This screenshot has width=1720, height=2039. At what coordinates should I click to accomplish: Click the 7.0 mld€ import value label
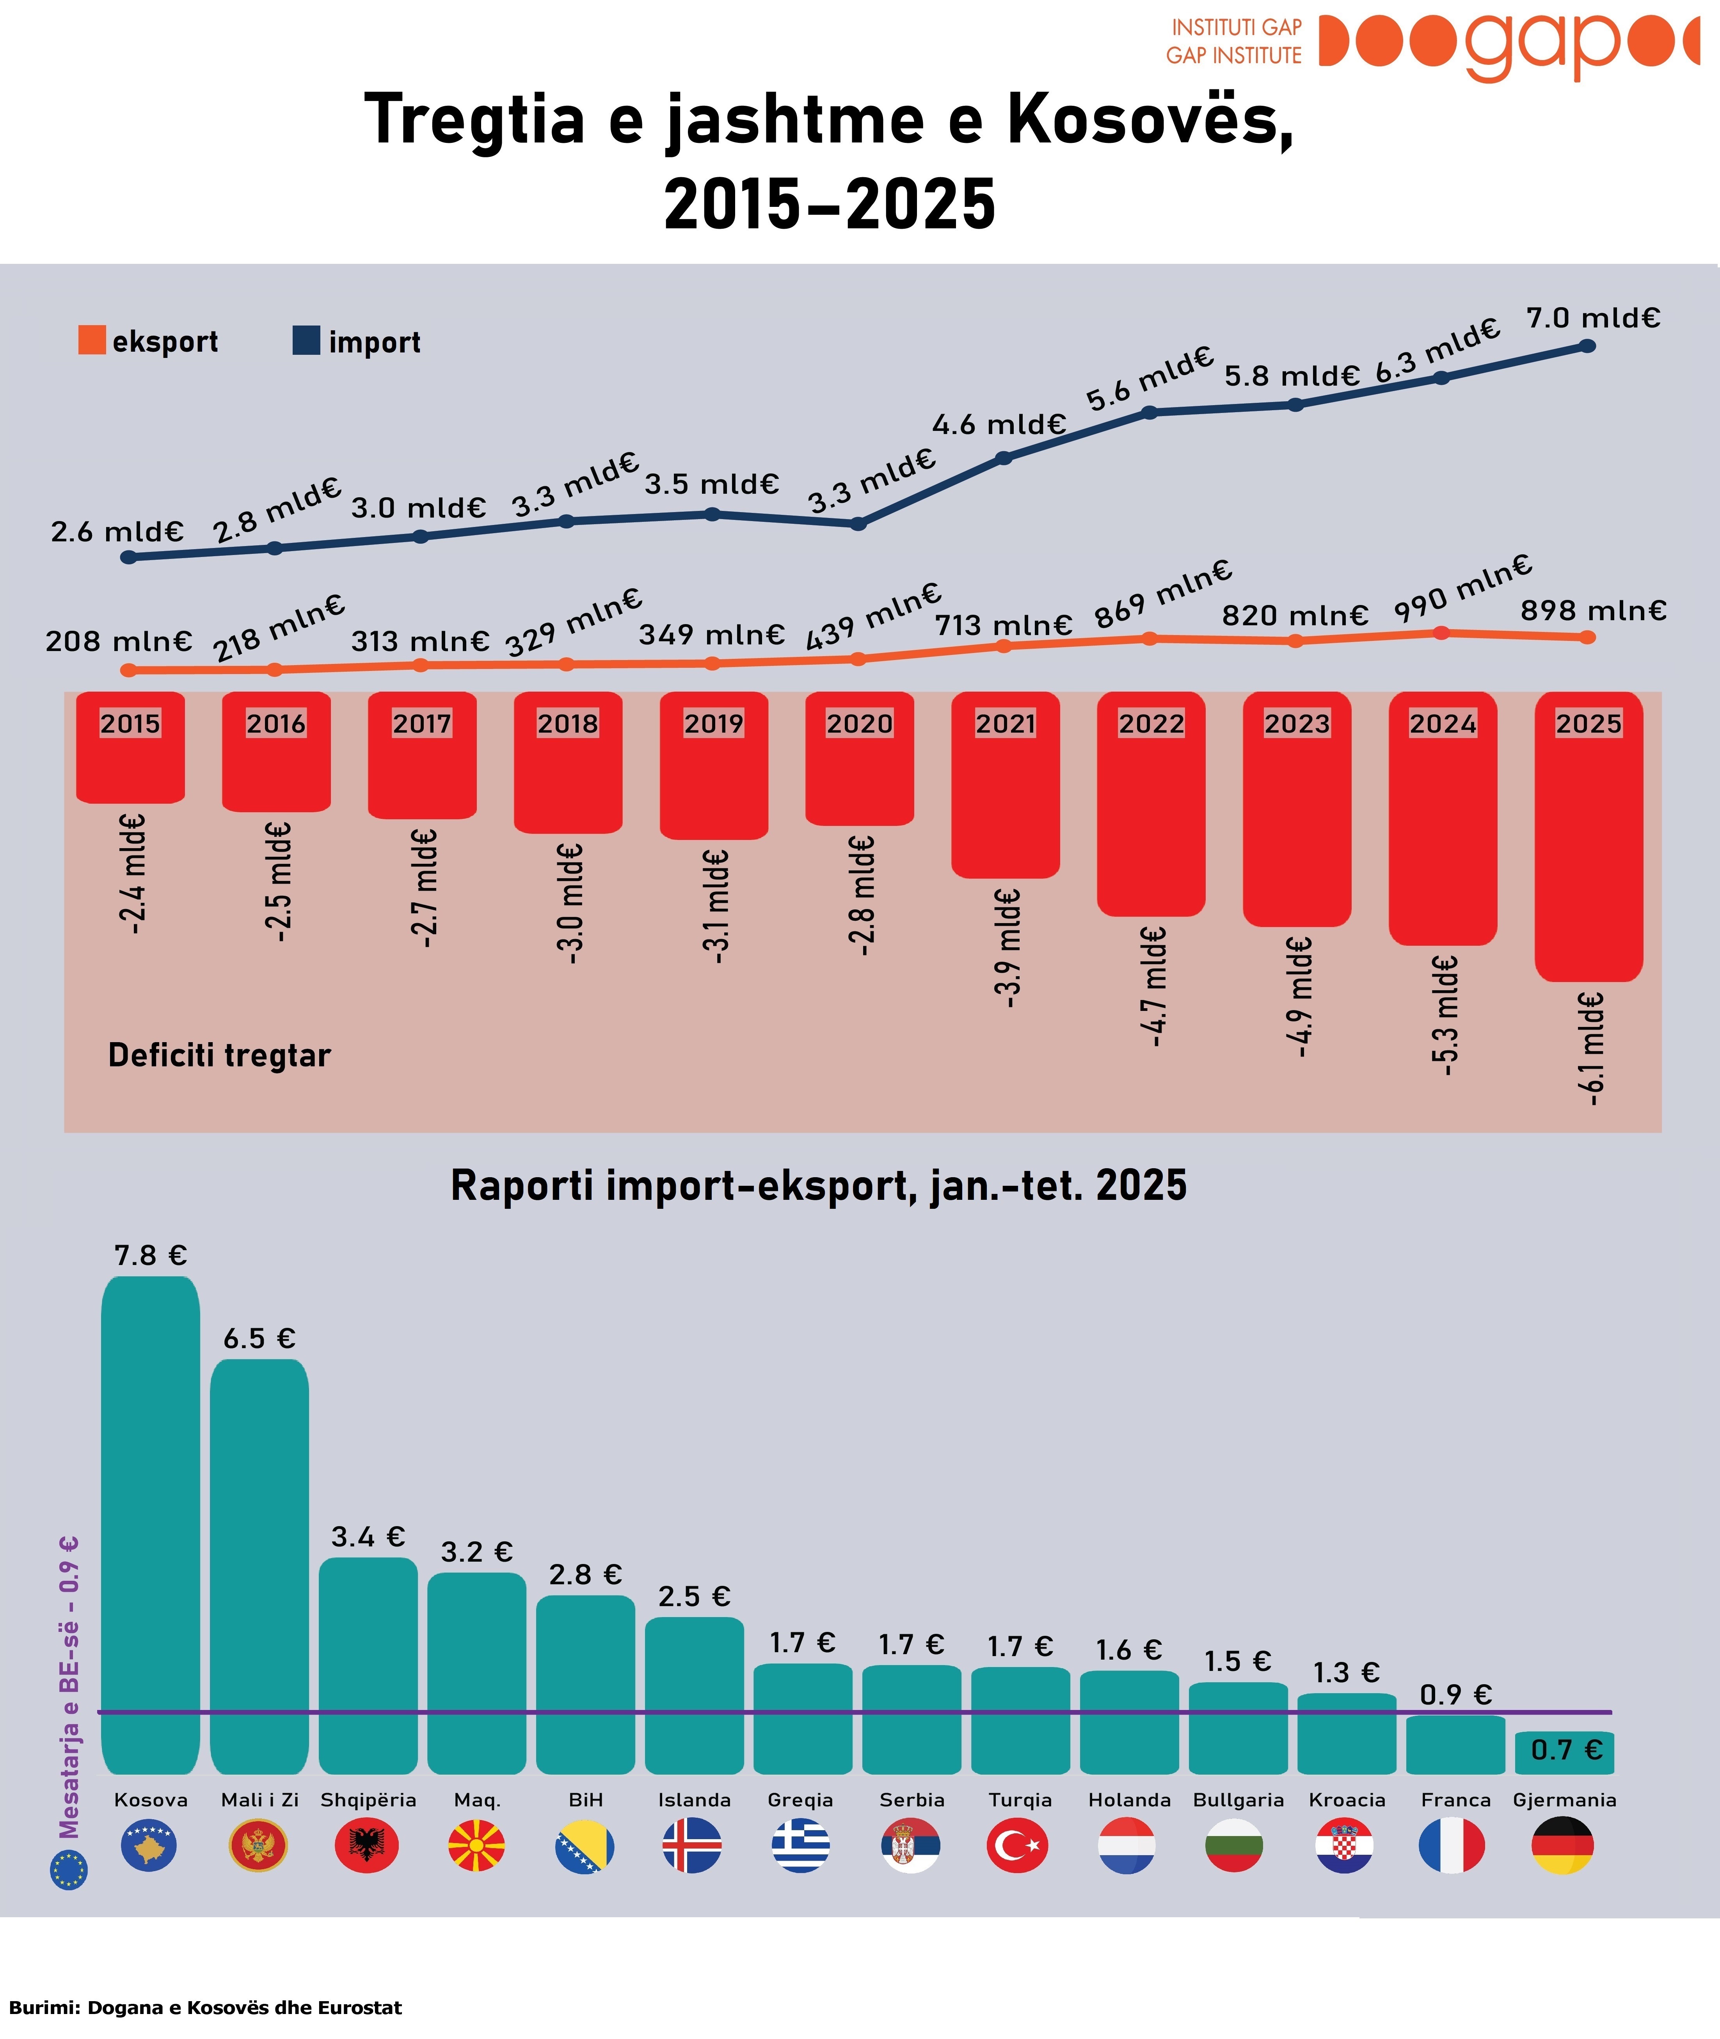coord(1592,318)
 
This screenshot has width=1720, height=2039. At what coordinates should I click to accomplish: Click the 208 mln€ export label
coord(119,642)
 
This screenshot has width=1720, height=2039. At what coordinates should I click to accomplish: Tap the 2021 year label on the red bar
coord(1005,724)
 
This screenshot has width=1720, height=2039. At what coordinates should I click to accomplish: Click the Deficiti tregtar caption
coord(219,1055)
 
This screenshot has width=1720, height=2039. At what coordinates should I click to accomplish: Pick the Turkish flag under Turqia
coord(1017,1845)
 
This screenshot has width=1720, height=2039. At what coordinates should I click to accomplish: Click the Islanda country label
coord(694,1800)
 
